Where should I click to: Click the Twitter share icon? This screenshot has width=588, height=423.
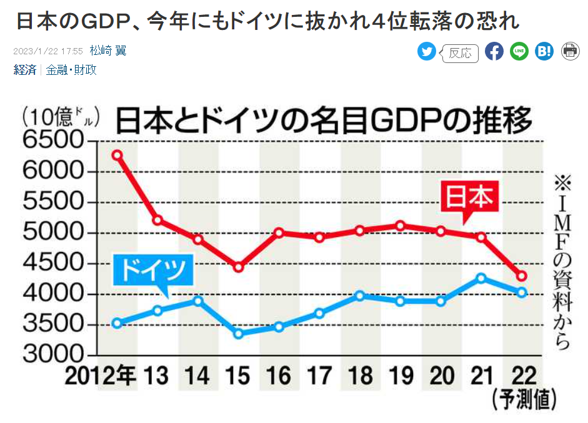pyautogui.click(x=427, y=52)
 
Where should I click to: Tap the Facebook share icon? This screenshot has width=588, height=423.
pyautogui.click(x=494, y=52)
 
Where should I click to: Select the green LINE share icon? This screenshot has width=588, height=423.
pyautogui.click(x=519, y=52)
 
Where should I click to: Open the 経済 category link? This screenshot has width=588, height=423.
pyautogui.click(x=25, y=70)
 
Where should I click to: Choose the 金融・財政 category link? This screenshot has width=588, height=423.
pyautogui.click(x=71, y=70)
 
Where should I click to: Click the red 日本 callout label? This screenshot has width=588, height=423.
pyautogui.click(x=469, y=198)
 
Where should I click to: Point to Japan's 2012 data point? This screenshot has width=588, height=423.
pyautogui.click(x=117, y=155)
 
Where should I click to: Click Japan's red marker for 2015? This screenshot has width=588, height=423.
pyautogui.click(x=238, y=267)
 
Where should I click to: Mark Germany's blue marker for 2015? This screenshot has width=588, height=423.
pyautogui.click(x=238, y=334)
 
